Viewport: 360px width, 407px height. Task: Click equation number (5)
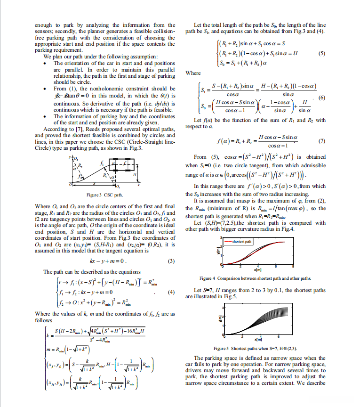(322, 53)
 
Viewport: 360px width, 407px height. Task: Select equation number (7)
(322, 141)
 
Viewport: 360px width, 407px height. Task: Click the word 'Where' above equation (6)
(193, 73)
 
